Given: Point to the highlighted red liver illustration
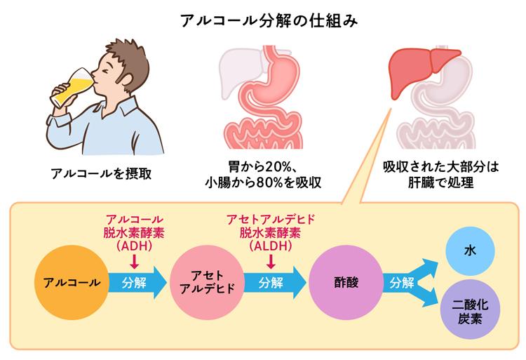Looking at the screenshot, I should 418,66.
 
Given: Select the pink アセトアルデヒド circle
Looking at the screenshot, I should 203,283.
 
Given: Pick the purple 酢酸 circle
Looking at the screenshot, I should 344,283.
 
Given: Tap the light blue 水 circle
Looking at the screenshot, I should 469,250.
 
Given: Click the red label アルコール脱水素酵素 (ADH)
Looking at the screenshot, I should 134,232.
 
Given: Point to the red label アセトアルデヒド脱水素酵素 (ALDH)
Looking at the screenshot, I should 270,232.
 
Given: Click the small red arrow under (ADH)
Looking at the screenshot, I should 134,261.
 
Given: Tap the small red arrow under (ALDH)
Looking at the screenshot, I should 270,261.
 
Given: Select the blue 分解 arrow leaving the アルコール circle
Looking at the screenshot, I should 134,283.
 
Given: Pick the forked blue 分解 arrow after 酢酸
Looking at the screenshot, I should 410,283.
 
